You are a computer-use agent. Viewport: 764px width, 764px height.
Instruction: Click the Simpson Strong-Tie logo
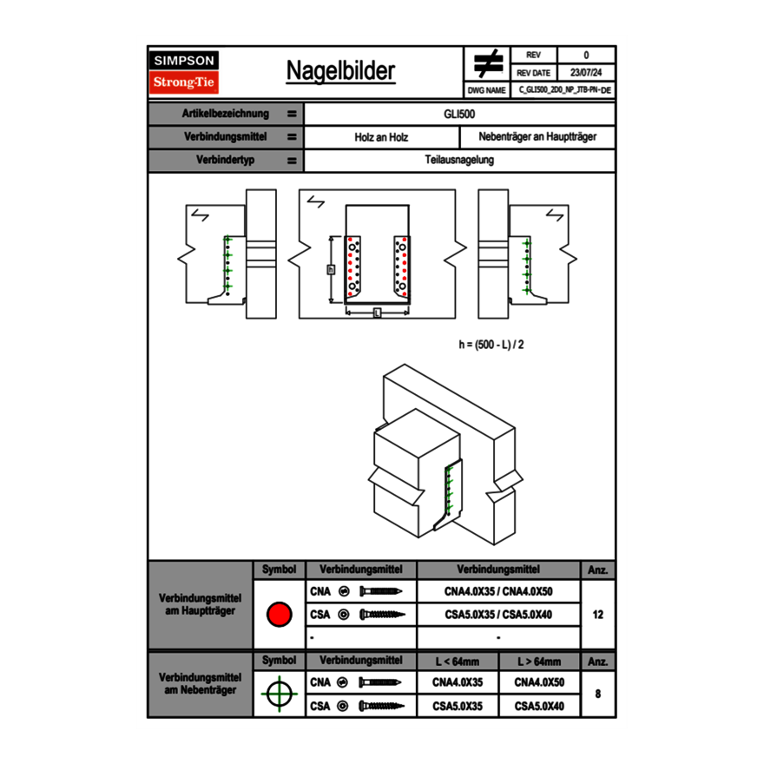(x=184, y=72)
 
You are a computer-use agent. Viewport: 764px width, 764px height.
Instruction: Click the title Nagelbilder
(x=340, y=71)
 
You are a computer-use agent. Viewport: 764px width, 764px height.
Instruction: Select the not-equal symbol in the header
(x=488, y=63)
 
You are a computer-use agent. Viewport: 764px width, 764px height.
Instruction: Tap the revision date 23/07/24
(x=586, y=73)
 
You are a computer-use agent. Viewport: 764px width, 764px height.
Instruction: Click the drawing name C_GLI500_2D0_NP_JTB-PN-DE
(x=564, y=89)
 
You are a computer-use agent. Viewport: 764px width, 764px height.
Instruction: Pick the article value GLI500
(x=459, y=114)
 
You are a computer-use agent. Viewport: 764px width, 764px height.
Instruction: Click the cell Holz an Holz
(x=381, y=137)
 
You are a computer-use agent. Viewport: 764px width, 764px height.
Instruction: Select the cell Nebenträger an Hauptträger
(x=537, y=137)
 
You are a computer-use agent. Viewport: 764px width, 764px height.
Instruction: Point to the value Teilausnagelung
(x=459, y=161)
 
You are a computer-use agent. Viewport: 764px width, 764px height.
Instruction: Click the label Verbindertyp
(x=225, y=161)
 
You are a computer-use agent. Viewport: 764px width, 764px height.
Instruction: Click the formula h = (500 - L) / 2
(x=491, y=345)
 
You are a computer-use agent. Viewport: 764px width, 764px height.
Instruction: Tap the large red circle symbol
(x=279, y=615)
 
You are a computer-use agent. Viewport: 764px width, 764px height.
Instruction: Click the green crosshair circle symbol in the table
(x=279, y=694)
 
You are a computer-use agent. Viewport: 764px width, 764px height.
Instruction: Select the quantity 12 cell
(x=597, y=615)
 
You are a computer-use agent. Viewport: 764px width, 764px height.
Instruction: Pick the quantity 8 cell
(x=597, y=694)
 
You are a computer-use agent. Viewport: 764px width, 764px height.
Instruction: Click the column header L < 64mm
(x=458, y=662)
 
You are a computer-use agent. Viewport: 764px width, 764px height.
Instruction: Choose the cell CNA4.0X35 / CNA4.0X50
(x=498, y=591)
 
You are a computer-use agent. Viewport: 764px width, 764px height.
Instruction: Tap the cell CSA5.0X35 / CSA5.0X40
(x=498, y=615)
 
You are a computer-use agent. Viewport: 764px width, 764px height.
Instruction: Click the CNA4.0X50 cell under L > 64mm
(x=539, y=682)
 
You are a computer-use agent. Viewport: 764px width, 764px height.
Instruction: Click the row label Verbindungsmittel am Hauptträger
(x=200, y=606)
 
